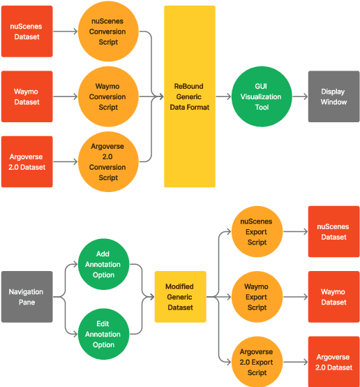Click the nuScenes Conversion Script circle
[x=108, y=31]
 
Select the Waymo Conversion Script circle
[x=108, y=97]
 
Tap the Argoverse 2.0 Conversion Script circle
[x=108, y=162]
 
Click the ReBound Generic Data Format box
[x=190, y=96]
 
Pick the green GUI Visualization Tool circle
[x=261, y=96]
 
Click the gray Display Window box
[x=333, y=96]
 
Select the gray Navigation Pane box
[x=27, y=297]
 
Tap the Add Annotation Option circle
[x=103, y=265]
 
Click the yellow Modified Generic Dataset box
[x=180, y=297]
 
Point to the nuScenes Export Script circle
[x=257, y=232]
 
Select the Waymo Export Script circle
[x=257, y=297]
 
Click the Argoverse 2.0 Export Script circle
[x=257, y=362]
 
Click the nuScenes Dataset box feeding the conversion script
[x=27, y=31]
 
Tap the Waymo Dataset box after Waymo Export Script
[x=333, y=297]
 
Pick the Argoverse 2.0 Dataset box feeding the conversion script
[x=27, y=162]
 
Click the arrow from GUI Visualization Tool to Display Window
[x=297, y=96]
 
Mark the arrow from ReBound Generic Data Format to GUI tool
[x=224, y=96]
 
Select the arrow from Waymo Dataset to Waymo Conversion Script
[x=66, y=97]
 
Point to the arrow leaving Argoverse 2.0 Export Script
[x=295, y=362]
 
